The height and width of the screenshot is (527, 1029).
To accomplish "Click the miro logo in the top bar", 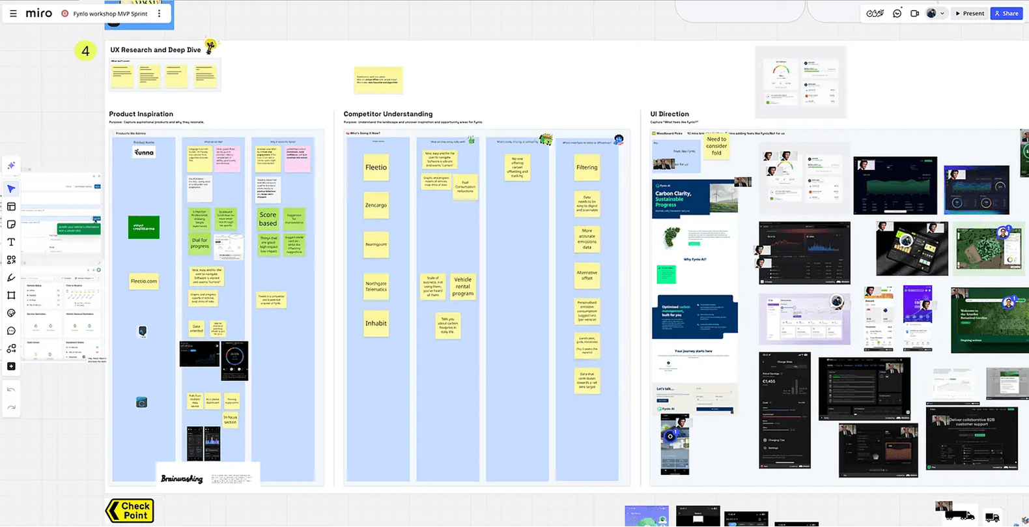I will click(39, 13).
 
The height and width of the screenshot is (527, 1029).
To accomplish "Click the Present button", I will click(970, 13).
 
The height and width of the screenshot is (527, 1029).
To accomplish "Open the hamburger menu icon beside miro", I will click(13, 13).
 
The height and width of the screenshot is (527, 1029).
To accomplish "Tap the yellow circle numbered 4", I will click(85, 51).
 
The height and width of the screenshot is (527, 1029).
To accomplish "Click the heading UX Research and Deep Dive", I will click(156, 50).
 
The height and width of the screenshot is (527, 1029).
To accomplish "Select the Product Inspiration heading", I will click(141, 114).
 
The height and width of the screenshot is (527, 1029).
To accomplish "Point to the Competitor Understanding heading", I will click(388, 114).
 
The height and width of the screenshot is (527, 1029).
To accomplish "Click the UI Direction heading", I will click(670, 114).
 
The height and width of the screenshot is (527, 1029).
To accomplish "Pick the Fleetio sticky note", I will click(376, 167).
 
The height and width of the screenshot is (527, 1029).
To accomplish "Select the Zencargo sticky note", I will click(376, 205).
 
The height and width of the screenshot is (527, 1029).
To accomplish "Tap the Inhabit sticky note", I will click(376, 323).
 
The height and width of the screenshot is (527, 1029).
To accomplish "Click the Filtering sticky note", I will click(587, 167).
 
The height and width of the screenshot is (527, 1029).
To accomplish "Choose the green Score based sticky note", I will click(268, 219).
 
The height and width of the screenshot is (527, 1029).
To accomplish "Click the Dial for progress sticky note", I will click(200, 243).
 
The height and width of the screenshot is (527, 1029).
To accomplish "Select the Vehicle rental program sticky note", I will click(462, 287).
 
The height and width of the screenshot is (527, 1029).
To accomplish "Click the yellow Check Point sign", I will click(130, 511).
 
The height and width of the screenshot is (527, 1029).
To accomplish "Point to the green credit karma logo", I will click(143, 227).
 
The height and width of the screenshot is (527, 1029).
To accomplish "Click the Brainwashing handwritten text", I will click(182, 479).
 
